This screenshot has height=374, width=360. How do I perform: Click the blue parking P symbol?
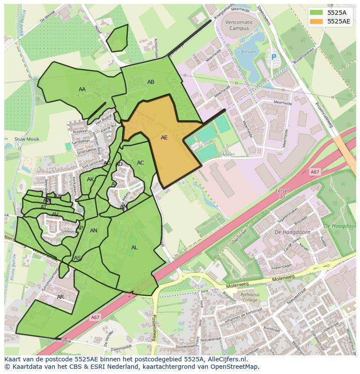pyautogui.click(x=273, y=57)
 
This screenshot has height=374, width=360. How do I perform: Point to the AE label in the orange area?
pyautogui.click(x=164, y=138)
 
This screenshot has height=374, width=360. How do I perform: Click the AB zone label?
pyautogui.click(x=151, y=82)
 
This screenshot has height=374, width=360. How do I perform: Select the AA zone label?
pyautogui.click(x=82, y=89)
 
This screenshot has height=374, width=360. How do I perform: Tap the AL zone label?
pyautogui.click(x=134, y=248)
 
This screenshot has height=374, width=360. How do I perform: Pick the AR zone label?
pyautogui.click(x=60, y=297)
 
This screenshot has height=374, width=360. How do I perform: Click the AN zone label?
pyautogui.click(x=93, y=231)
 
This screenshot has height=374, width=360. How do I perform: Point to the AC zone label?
pyautogui.click(x=140, y=163)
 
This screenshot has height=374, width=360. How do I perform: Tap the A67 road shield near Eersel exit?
pyautogui.click(x=315, y=172)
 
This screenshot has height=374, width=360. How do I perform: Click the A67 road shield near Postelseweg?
pyautogui.click(x=95, y=318)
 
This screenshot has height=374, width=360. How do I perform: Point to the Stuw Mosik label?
pyautogui.click(x=27, y=139)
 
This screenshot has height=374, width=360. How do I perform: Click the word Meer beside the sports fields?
pyautogui.click(x=228, y=154)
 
